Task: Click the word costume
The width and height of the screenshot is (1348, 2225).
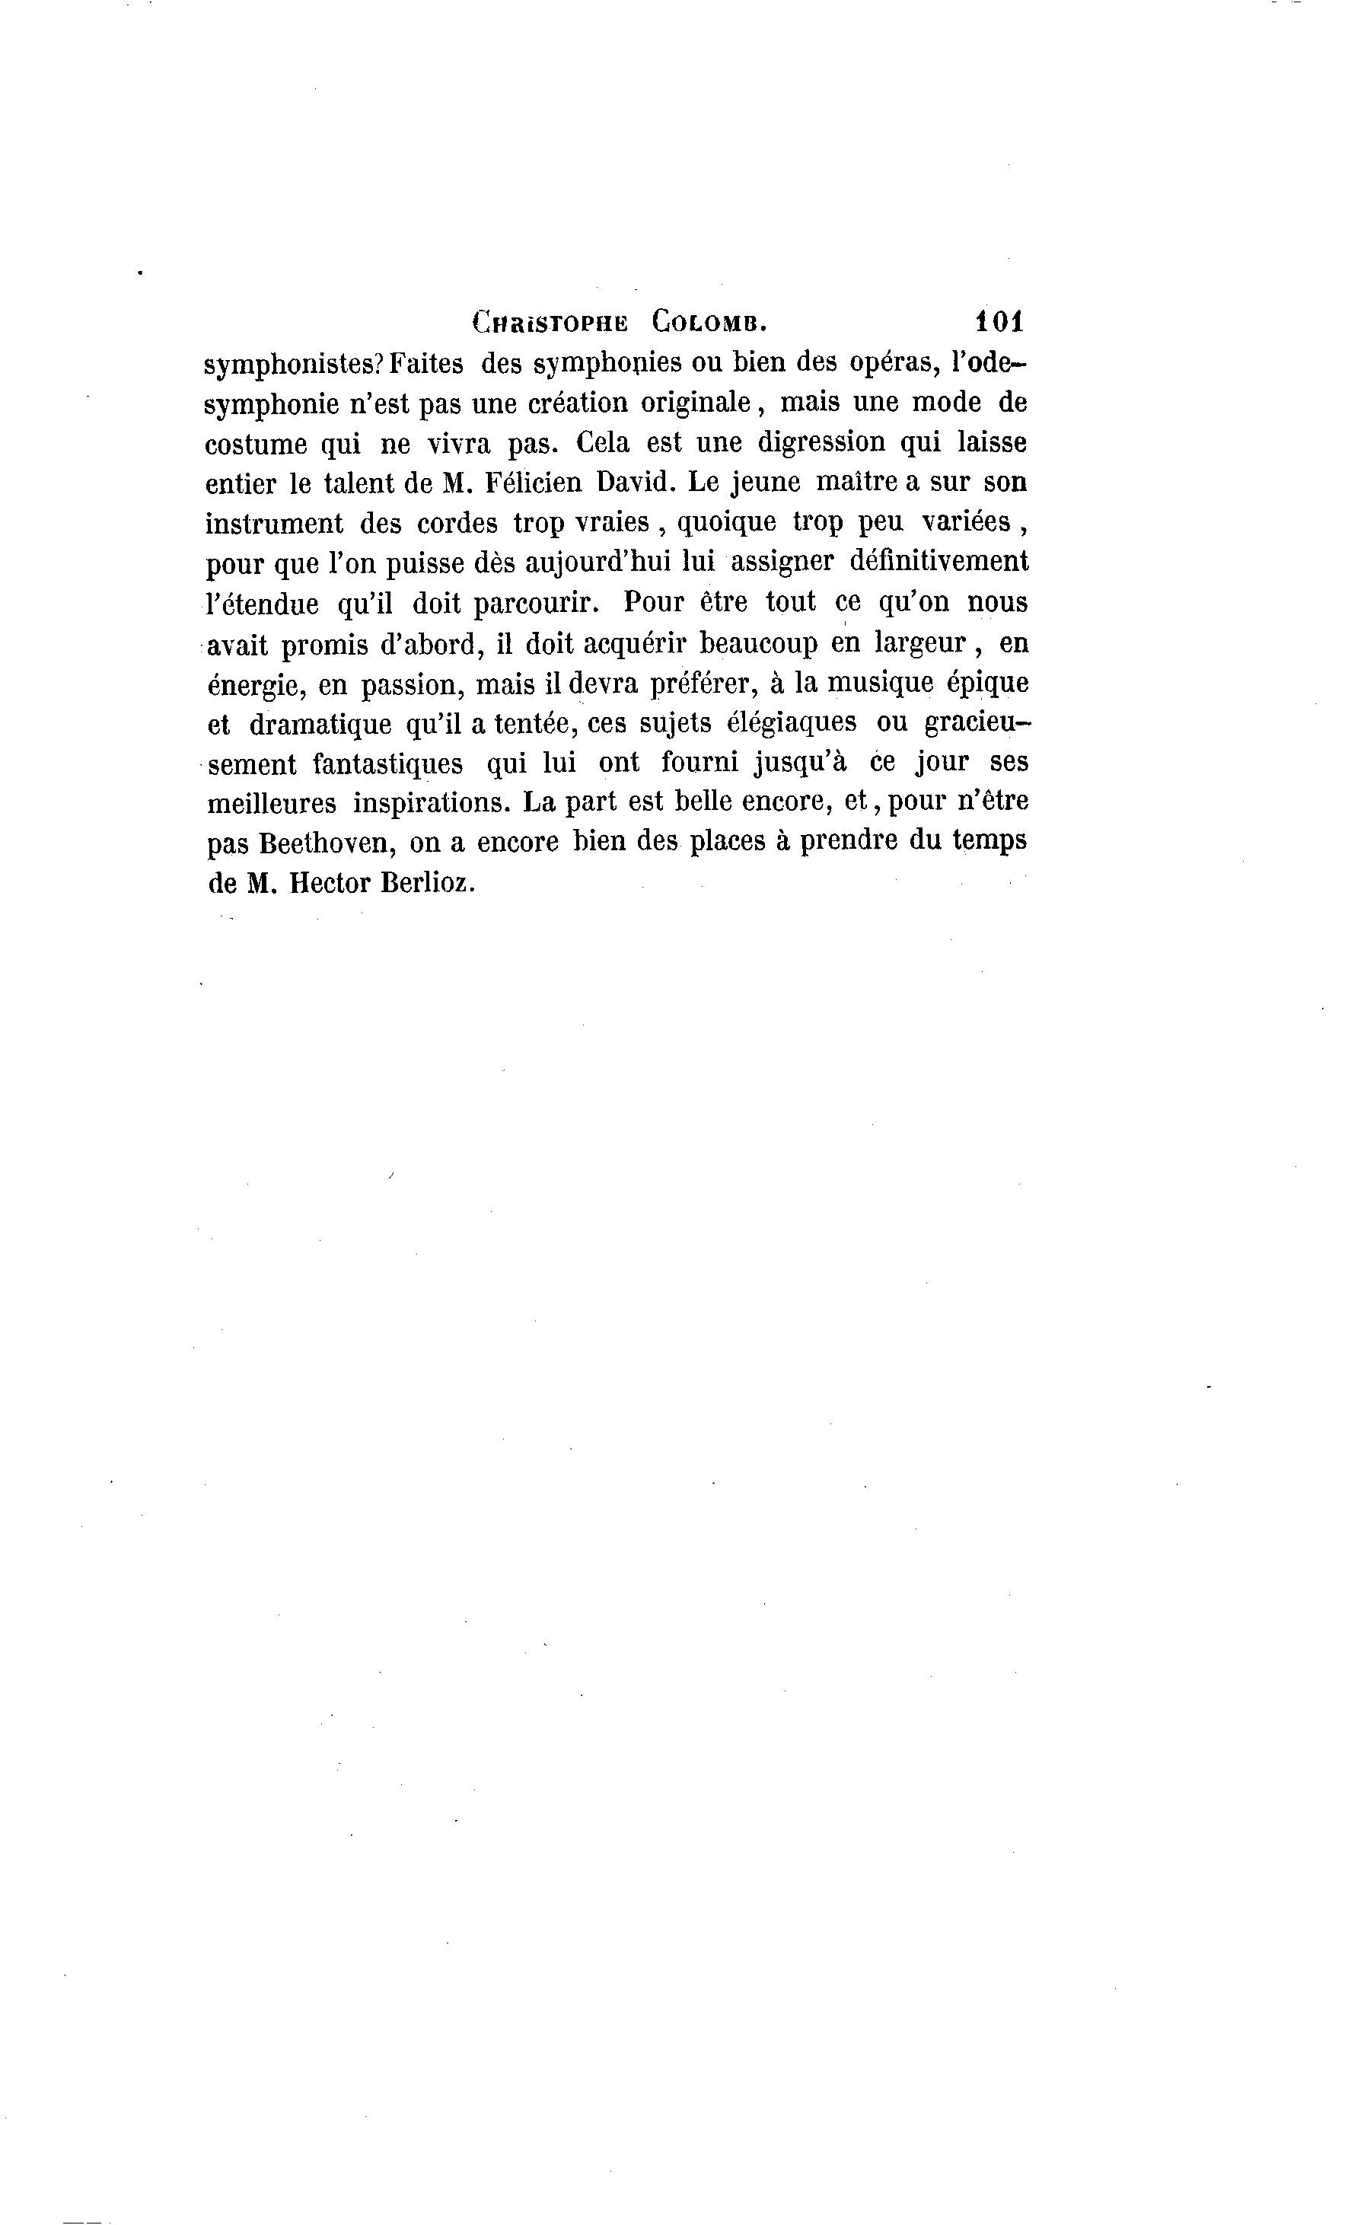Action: click(x=256, y=443)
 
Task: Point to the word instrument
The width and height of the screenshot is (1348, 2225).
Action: click(x=275, y=523)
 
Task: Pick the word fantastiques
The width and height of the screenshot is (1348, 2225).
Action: click(x=388, y=764)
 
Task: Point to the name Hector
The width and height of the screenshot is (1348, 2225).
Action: click(x=330, y=883)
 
